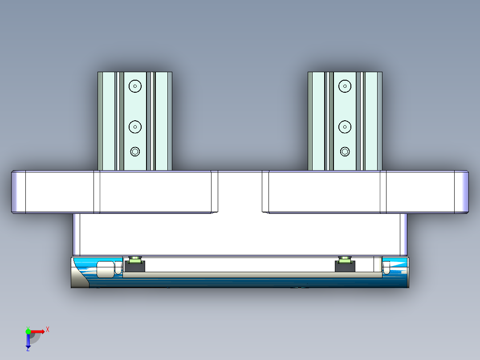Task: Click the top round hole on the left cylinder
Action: point(135,86)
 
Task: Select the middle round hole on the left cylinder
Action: point(135,127)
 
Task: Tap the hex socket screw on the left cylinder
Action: point(135,152)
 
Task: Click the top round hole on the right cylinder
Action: point(345,86)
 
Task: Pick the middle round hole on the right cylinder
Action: point(345,127)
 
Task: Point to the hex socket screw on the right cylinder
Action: point(345,152)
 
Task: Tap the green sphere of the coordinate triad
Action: point(28,331)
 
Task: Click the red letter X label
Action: point(48,330)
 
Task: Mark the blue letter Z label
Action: point(28,350)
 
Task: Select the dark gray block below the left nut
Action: point(134,267)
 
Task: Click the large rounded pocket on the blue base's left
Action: point(105,270)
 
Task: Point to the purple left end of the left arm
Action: point(18,192)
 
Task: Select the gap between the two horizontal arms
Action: point(240,192)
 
